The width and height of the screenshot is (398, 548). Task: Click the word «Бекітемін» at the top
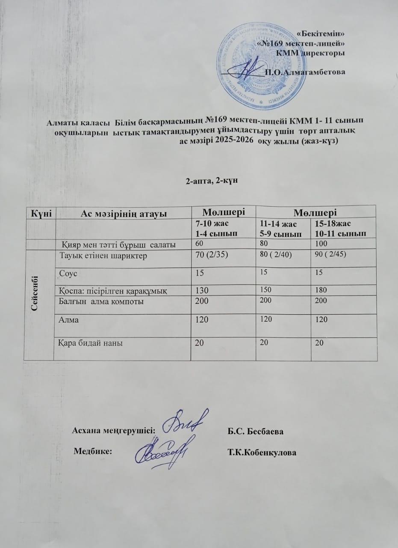(x=321, y=33)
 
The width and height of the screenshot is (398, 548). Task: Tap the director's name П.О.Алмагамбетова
(x=304, y=72)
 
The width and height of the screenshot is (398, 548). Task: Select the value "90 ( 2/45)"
(x=330, y=256)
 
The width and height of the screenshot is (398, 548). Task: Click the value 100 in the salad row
(x=320, y=244)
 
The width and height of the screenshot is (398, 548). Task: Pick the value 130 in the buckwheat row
(x=201, y=291)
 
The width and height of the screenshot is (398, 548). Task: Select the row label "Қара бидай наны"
(x=88, y=342)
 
